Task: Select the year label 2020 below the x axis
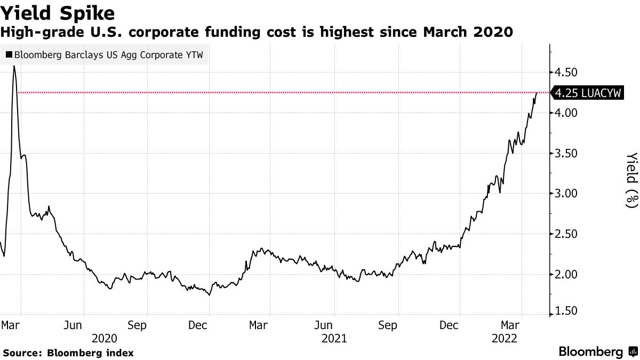click(x=104, y=338)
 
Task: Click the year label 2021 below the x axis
click(x=334, y=338)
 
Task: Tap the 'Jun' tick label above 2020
click(x=74, y=325)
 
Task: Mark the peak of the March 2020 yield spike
click(x=14, y=66)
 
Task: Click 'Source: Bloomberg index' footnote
click(x=68, y=353)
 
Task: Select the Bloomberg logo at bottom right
click(x=597, y=352)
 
